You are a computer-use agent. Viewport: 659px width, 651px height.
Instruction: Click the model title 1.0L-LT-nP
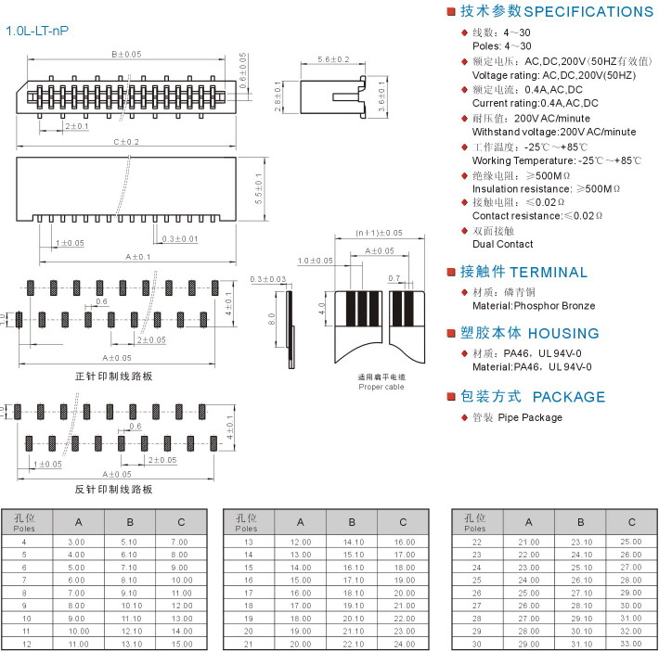(x=37, y=31)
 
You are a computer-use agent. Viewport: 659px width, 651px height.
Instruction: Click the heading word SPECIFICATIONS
(x=588, y=12)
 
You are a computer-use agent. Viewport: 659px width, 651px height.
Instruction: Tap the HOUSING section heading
(x=563, y=334)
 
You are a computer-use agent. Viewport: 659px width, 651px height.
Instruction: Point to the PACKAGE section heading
(x=569, y=397)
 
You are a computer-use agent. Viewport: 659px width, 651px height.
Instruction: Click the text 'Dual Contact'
(x=503, y=244)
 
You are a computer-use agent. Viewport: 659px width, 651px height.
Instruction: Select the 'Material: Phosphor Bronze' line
(x=534, y=305)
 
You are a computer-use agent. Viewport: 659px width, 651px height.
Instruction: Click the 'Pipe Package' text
(x=530, y=417)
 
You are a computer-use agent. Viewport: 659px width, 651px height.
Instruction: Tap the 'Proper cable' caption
(x=381, y=387)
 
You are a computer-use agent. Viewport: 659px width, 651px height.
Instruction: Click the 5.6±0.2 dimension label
(x=333, y=60)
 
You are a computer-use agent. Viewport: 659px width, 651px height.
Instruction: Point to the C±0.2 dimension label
(x=126, y=142)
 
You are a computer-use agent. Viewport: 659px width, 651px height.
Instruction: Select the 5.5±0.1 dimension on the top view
(x=260, y=188)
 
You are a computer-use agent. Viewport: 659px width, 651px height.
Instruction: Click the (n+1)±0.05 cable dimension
(x=380, y=233)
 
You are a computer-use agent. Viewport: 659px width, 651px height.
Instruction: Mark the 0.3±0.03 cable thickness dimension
(x=268, y=279)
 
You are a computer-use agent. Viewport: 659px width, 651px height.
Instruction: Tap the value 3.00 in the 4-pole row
(x=76, y=542)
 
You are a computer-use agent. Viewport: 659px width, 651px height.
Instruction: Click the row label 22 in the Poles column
(x=477, y=542)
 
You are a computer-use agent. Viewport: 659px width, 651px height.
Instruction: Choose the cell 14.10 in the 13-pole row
(x=353, y=542)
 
